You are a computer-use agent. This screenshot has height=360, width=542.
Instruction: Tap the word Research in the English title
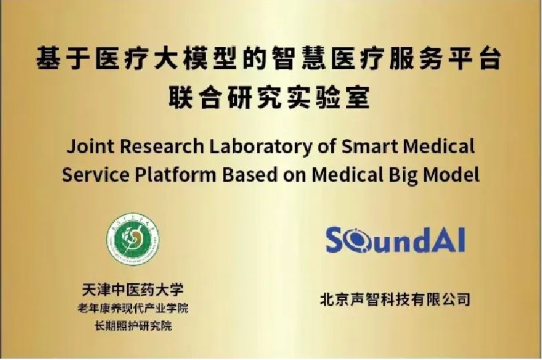point(162,146)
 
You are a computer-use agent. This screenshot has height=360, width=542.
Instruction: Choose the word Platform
point(175,175)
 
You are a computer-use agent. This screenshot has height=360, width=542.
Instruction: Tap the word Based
point(250,175)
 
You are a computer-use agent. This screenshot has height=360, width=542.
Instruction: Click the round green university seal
point(133,240)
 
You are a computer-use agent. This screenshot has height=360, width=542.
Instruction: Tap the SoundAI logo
point(395,240)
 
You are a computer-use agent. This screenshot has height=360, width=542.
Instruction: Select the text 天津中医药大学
point(133,290)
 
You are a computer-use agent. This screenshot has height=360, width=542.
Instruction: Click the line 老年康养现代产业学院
point(133,308)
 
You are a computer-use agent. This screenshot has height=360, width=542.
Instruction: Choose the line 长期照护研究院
point(133,326)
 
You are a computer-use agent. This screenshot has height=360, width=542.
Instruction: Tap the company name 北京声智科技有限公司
point(395,299)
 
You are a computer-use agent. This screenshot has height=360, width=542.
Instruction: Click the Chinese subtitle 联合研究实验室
point(270,97)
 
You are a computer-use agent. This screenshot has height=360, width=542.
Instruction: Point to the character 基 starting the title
point(49,58)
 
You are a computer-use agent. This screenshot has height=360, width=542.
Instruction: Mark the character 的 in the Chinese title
point(255,58)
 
